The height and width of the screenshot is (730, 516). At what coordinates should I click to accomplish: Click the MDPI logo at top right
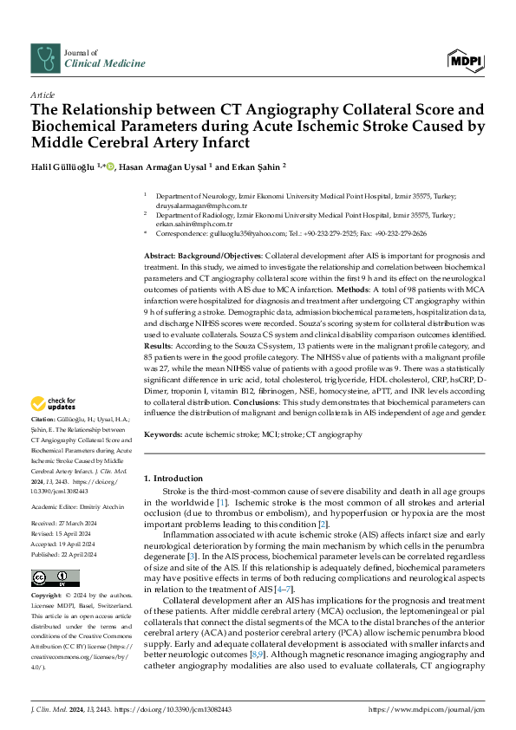[x=467, y=59]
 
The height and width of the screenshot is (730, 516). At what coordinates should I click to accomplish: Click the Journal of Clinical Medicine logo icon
[x=44, y=58]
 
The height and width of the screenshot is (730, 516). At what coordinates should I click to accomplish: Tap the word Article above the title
[x=42, y=94]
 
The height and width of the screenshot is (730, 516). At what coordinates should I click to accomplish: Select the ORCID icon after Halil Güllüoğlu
[x=118, y=166]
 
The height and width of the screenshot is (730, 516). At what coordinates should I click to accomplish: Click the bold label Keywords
[x=164, y=433]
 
